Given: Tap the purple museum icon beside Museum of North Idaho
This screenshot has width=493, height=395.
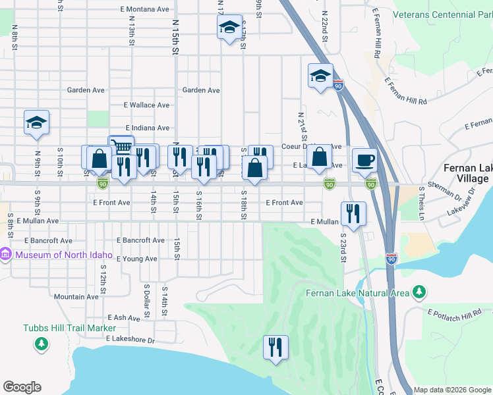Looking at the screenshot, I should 5,254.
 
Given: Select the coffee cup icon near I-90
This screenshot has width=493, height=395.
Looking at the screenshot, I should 364,159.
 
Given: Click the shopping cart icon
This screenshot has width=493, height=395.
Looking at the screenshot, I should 121,146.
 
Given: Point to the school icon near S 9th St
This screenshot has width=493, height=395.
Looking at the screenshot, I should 37,122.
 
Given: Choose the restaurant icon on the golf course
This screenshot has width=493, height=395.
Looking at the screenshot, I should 275,348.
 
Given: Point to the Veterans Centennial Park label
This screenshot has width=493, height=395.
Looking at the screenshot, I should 443,14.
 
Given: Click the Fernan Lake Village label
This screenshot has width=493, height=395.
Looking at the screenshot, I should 467,173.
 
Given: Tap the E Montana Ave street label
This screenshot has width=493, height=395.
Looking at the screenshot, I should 144,9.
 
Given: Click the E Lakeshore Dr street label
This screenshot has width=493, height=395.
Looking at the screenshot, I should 130,340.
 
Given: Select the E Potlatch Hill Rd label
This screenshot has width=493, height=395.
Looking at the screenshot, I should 454,314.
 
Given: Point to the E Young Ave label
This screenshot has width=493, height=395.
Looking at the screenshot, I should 136,259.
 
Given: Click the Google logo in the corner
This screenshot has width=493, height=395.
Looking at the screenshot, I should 22,387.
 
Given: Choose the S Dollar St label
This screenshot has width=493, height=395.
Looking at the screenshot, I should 147,300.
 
